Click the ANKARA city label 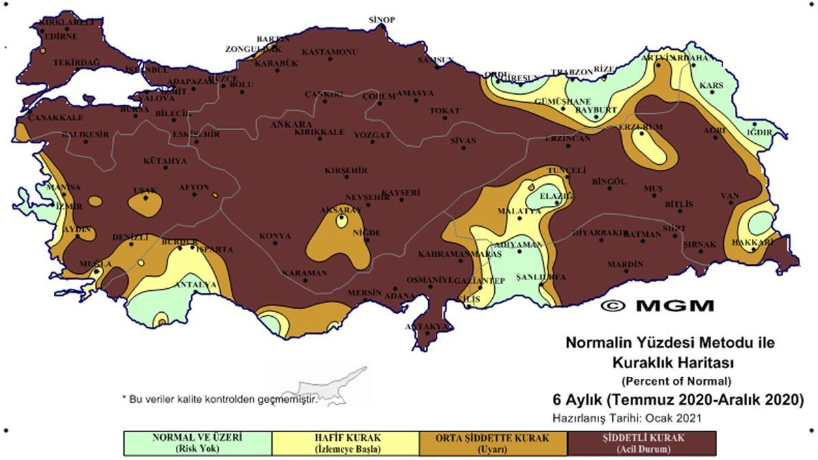point(291,125)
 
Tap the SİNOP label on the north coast point(381,20)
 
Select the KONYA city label point(275,236)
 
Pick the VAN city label point(730,196)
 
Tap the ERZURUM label point(640,127)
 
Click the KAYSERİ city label point(400,193)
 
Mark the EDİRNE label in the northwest point(59,37)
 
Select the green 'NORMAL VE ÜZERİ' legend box point(197,443)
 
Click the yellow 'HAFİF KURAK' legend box point(345,443)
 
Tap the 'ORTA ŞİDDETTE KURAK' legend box point(493,443)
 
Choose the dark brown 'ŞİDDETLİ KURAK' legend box point(642,443)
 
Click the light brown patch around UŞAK point(146,204)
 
